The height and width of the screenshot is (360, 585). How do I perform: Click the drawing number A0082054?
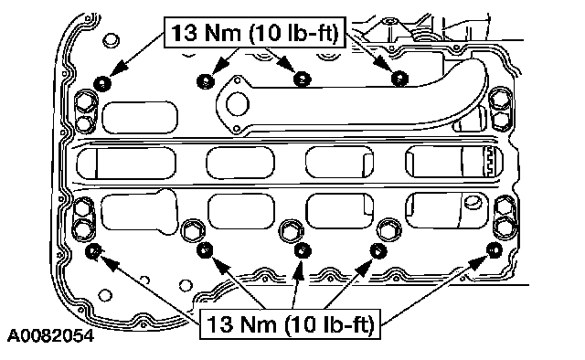pyautogui.click(x=51, y=335)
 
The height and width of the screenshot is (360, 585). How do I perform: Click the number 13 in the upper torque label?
pyautogui.click(x=184, y=33)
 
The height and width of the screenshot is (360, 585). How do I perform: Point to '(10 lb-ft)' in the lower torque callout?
pyautogui.click(x=329, y=323)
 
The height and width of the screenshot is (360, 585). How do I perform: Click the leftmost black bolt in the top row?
pyautogui.click(x=101, y=83)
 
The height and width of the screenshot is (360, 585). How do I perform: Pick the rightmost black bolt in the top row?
pyautogui.click(x=399, y=79)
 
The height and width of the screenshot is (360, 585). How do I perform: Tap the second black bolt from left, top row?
pyautogui.click(x=205, y=81)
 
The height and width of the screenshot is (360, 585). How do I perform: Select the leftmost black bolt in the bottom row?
pyautogui.click(x=92, y=251)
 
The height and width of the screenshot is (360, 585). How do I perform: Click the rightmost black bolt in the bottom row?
pyautogui.click(x=495, y=249)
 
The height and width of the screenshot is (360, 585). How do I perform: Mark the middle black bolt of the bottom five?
pyautogui.click(x=303, y=250)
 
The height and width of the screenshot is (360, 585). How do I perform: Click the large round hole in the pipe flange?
pyautogui.click(x=238, y=104)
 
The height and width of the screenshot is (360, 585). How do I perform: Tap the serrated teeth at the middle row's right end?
pyautogui.click(x=489, y=162)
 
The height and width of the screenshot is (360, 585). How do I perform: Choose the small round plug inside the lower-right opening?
pyautogui.click(x=473, y=202)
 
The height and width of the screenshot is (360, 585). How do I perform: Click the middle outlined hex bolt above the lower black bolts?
pyautogui.click(x=291, y=230)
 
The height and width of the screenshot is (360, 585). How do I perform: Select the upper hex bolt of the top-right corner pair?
pyautogui.click(x=500, y=100)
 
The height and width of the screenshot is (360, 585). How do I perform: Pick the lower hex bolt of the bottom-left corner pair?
pyautogui.click(x=82, y=228)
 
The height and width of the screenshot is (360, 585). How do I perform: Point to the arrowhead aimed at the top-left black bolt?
pyautogui.click(x=119, y=70)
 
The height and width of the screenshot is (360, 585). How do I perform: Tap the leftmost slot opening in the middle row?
pyautogui.click(x=126, y=163)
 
